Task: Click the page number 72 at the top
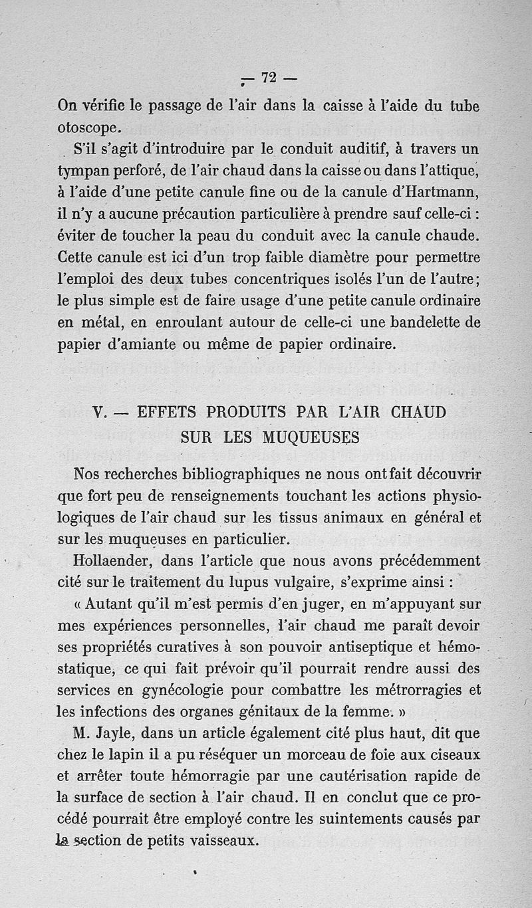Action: tap(269, 78)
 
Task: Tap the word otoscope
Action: tap(89, 127)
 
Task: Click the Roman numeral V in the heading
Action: tap(99, 412)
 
